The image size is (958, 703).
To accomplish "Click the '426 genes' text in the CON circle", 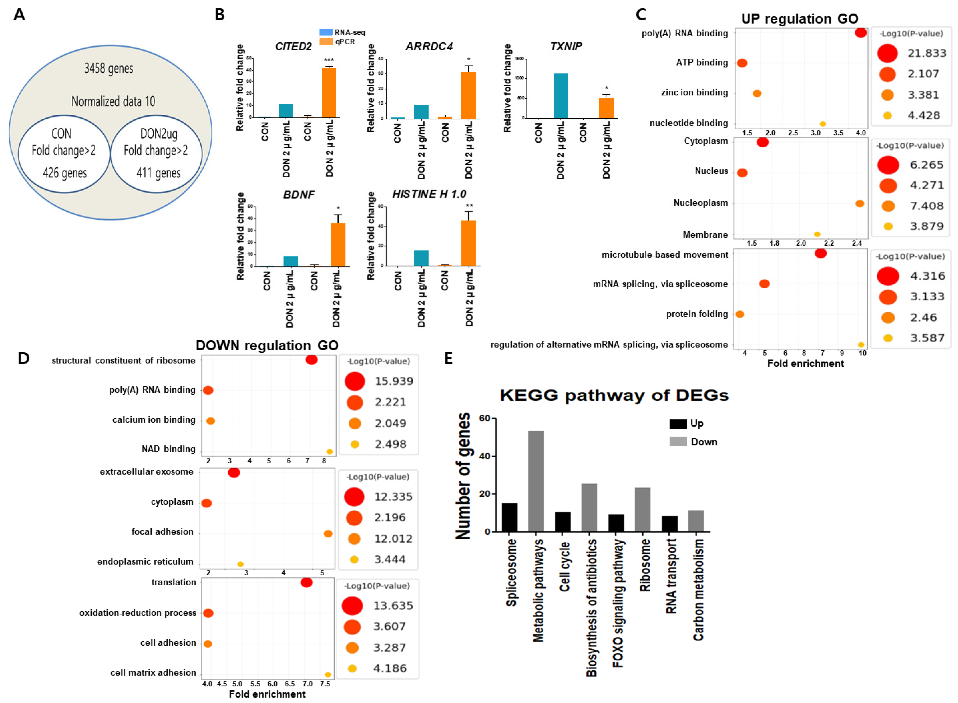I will point(65,173).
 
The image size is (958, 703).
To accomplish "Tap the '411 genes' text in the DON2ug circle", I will point(158,173).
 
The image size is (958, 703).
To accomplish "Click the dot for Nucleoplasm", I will point(859,203).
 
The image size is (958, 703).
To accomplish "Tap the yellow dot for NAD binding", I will point(329,451).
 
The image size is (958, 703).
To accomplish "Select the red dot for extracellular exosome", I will point(234,472).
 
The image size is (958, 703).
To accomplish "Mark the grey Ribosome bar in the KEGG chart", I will point(642,509).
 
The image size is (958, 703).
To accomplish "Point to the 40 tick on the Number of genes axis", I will point(484,456).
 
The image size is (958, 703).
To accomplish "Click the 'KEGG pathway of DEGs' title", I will point(614,395).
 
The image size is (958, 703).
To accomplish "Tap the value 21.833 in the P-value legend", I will point(927,53).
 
